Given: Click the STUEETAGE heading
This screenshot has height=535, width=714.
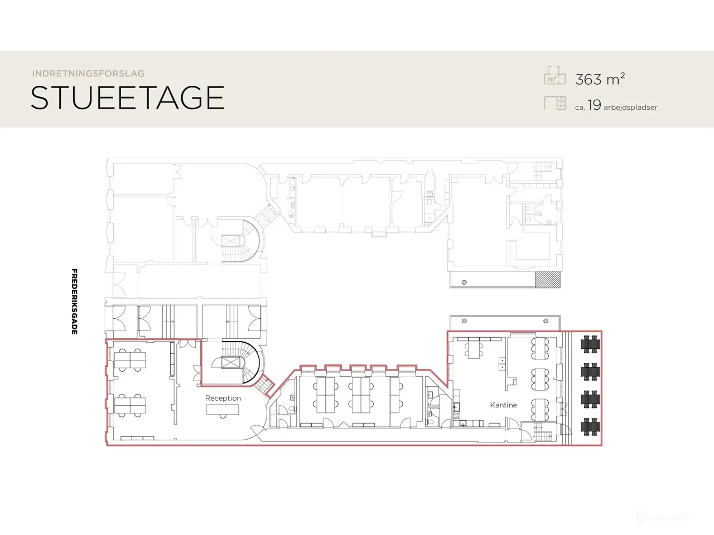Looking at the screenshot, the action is point(127,98).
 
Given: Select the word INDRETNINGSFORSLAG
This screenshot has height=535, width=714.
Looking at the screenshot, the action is point(88,74).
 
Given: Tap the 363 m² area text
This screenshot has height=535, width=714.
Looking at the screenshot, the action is point(600,79).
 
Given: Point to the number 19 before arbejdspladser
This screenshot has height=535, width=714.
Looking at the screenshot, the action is point(594,105).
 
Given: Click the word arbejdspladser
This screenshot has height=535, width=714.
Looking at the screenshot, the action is point(630,108).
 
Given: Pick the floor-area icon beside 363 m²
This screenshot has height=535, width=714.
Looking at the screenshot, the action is point(555,75).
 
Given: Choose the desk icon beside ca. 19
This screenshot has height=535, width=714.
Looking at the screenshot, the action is point(555,103).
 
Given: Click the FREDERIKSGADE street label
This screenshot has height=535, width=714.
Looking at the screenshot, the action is point(75,301).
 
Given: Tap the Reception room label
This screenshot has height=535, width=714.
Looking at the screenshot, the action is point(223,398).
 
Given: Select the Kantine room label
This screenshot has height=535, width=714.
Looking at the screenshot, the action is point(504,405).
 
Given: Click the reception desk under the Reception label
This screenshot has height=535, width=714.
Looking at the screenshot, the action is point(223,410).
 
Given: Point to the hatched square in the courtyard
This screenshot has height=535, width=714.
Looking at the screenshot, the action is point(548,279).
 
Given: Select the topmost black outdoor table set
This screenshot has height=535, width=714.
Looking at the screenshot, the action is point(590,344).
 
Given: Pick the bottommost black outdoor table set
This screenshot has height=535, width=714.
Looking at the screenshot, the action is point(590,426).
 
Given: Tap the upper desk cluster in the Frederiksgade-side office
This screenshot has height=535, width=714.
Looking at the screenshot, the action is point(130,360).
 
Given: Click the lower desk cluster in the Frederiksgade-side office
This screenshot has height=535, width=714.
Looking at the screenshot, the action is point(130,405).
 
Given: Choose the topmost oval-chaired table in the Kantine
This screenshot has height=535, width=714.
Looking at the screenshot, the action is point(540,348).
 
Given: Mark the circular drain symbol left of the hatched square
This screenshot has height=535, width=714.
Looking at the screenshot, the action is point(464,283).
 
